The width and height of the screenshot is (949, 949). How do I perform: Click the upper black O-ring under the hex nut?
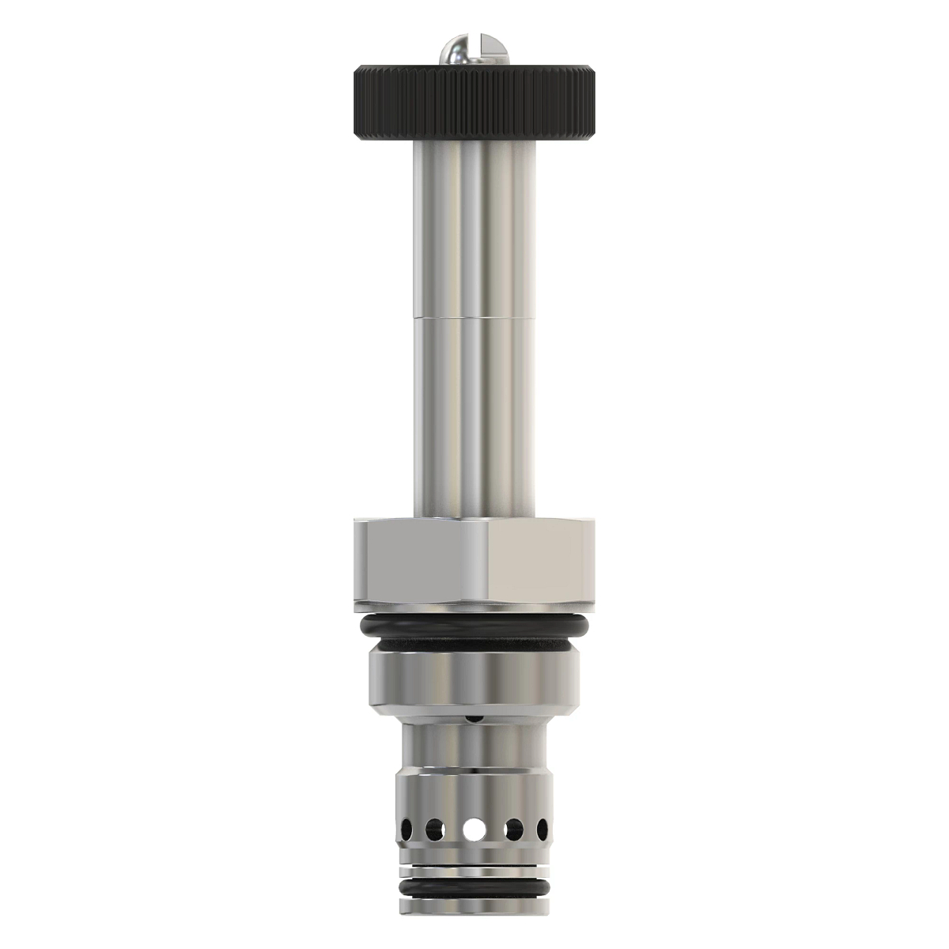coord(475,629)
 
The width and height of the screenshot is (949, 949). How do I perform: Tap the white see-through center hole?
coord(474,830)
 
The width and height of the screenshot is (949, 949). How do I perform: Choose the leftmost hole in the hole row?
coord(406,830)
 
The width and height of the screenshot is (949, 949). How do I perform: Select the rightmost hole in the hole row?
coord(543,830)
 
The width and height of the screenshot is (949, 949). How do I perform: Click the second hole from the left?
coord(433,830)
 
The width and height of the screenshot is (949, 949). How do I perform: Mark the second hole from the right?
coord(516,830)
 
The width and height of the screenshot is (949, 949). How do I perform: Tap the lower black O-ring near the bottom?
coord(475,889)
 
